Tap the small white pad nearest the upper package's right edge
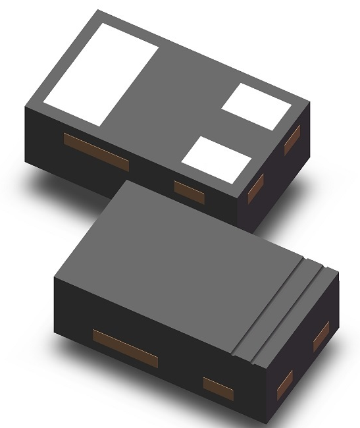[x=256, y=105]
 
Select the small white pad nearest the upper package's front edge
[x=217, y=159]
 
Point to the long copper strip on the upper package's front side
[x=95, y=151]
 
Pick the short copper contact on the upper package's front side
[x=189, y=190]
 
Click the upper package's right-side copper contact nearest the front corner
[x=255, y=187]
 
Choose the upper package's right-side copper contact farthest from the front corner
[x=292, y=140]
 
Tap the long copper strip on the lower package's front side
[x=125, y=348]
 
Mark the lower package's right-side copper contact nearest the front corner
[x=284, y=385]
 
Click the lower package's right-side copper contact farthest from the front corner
[x=321, y=336]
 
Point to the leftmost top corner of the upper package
[x=24, y=106]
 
